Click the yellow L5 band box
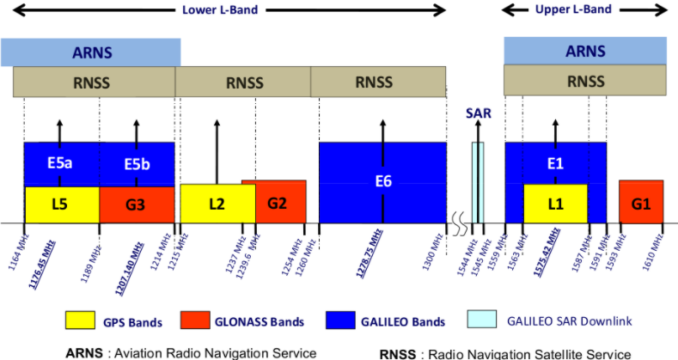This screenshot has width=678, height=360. pyautogui.click(x=61, y=205)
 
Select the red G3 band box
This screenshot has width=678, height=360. pyautogui.click(x=137, y=205)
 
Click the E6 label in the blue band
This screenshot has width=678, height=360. pyautogui.click(x=382, y=181)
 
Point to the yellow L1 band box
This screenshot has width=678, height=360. pyautogui.click(x=556, y=204)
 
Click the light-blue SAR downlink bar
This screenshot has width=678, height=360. pyautogui.click(x=478, y=182)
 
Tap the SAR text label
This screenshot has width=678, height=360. pyautogui.click(x=478, y=113)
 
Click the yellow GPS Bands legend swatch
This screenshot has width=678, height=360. pyautogui.click(x=81, y=320)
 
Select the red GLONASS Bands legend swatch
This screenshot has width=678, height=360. pyautogui.click(x=199, y=320)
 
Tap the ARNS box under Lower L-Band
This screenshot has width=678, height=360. pyautogui.click(x=90, y=52)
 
